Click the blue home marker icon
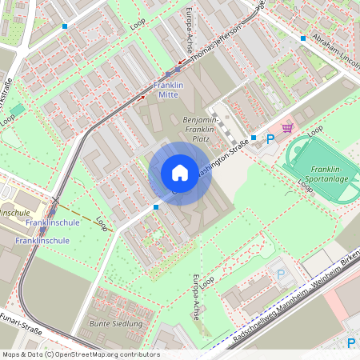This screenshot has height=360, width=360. point(180,173)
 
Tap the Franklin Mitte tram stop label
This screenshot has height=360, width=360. point(168,90)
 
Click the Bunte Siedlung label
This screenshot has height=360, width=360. point(116,324)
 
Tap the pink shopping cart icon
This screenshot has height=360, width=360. point(286,127)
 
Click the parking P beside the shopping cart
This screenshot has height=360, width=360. point(270,138)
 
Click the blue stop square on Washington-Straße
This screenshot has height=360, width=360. point(253,138)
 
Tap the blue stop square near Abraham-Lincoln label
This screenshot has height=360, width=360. point(303,38)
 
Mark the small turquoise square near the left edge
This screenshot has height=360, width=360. point(18,109)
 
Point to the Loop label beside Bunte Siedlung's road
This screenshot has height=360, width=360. point(102,223)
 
